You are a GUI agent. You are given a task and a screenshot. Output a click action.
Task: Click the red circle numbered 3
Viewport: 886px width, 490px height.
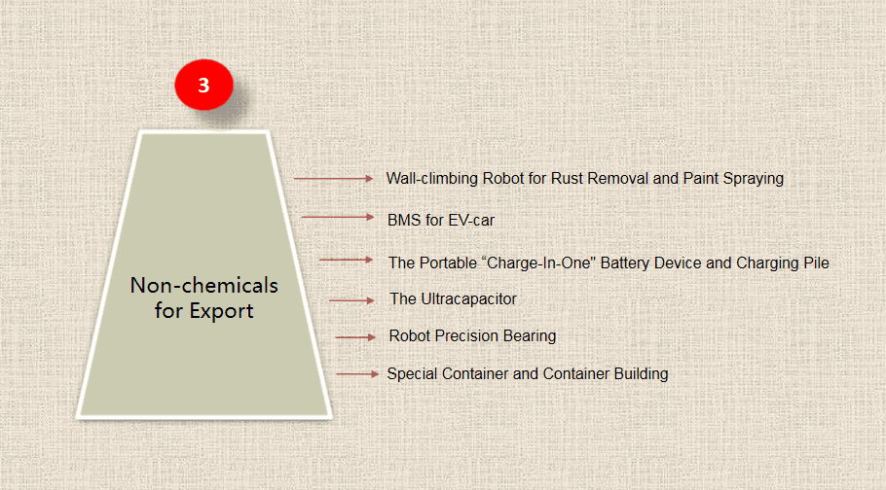[204, 85]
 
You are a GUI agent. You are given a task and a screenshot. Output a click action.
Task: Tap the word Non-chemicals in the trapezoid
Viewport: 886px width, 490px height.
[204, 285]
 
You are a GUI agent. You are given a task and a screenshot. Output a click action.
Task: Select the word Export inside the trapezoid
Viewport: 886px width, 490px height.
[222, 311]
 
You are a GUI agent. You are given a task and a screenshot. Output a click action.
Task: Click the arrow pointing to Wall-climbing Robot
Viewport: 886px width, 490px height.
[333, 178]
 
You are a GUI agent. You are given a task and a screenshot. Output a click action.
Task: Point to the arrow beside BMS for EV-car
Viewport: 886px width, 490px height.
[338, 217]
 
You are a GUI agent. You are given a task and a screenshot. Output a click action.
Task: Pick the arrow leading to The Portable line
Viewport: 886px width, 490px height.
[346, 260]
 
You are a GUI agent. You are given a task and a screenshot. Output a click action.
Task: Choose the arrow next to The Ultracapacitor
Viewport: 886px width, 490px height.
[351, 300]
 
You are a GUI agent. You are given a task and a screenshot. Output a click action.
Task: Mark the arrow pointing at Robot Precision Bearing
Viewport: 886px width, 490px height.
[355, 337]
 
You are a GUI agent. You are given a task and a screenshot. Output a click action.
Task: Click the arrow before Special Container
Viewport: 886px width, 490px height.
[357, 373]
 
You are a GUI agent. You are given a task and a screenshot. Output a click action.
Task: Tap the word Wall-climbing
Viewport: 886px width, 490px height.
[432, 178]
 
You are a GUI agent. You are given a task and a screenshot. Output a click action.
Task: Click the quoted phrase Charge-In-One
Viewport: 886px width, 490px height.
[539, 263]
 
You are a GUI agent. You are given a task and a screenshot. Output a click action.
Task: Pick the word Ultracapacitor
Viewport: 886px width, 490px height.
[469, 298]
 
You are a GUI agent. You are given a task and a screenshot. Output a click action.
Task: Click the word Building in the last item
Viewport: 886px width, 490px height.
[642, 373]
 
